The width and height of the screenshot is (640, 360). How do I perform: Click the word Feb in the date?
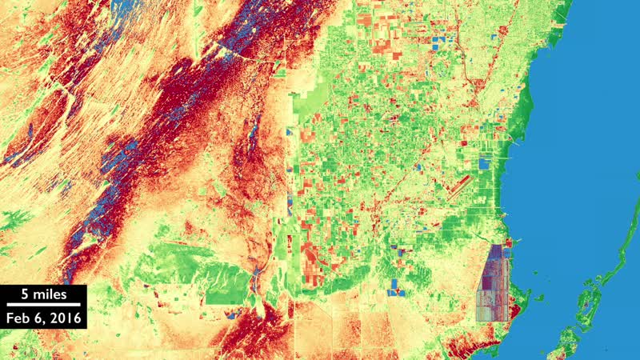20,318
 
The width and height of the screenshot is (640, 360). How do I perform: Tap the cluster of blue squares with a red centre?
396,287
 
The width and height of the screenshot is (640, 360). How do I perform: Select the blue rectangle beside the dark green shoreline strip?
483,164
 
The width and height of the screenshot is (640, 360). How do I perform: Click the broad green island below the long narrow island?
573,336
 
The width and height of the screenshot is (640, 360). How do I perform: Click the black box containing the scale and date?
43,306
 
